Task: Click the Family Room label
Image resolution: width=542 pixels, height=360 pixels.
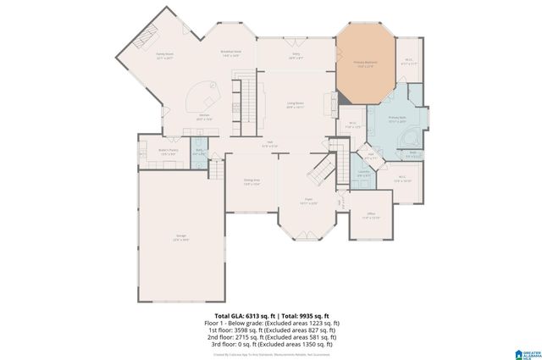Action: click(163, 57)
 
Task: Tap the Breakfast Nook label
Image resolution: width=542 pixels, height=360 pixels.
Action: click(230, 53)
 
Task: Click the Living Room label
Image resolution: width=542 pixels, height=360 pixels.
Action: click(296, 105)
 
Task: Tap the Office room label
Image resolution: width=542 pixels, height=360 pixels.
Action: click(371, 215)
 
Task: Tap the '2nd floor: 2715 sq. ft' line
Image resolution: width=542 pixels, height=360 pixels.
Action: click(271, 336)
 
